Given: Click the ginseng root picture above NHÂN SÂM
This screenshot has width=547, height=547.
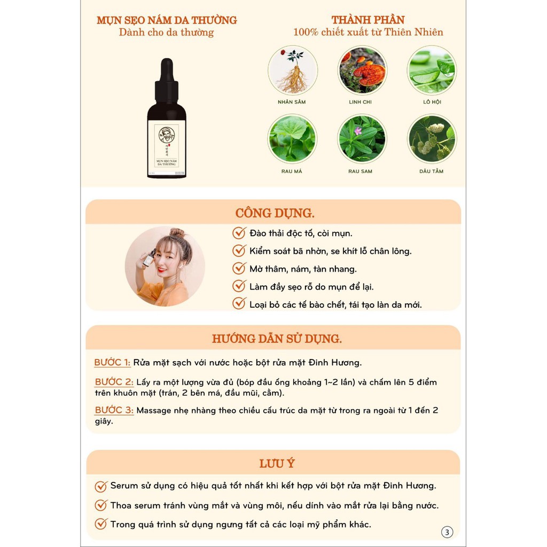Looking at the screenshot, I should point(293,71).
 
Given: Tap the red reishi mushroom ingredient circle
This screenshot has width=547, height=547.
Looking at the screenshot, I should point(363,71).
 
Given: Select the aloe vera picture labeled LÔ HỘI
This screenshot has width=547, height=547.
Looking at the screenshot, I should point(432,71).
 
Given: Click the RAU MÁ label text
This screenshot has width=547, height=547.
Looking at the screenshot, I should point(292,171).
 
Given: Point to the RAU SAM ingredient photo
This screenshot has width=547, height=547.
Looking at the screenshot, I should point(362,138).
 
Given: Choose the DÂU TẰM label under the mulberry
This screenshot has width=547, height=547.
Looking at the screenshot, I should point(432,171).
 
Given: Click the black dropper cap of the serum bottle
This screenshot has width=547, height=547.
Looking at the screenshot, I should point(167,80).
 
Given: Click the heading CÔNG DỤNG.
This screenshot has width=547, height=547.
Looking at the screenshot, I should point(275,213).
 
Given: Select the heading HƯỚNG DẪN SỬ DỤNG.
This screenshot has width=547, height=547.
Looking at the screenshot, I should point(277,339).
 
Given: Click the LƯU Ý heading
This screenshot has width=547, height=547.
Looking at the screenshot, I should point(277,464).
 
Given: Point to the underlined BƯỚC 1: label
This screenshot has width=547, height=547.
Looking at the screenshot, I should point(112,363).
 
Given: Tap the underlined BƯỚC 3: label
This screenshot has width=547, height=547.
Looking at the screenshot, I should point(114,410).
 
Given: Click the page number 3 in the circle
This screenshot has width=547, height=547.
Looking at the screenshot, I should point(447,532).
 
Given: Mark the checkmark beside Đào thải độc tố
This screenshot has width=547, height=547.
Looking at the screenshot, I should point(239,233).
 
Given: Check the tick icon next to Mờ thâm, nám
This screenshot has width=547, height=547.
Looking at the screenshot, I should point(239,269).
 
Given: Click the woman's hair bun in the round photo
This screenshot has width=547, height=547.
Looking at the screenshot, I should point(177,234).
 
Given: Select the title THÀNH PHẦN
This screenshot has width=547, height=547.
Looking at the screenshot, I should point(368,20).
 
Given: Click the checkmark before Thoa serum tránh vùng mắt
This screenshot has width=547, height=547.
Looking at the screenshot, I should point(101,505).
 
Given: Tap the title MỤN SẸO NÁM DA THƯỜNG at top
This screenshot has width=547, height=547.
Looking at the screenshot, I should point(167,20).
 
